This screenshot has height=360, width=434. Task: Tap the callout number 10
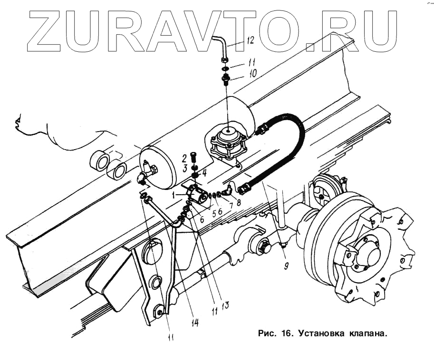coord(252,74)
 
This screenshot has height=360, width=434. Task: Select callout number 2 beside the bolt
coord(183,157)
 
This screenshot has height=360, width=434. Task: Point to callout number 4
coord(204,173)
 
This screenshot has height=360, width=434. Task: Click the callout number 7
coord(231,206)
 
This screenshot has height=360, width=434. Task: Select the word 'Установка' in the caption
coord(321,333)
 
